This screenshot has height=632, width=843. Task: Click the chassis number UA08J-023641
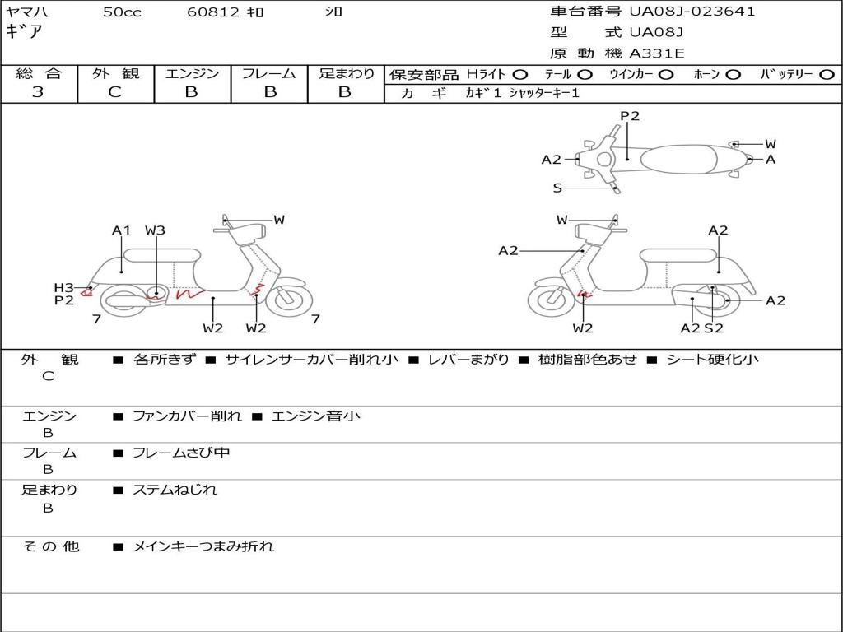coord(692,12)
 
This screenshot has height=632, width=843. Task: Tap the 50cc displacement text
coord(122,12)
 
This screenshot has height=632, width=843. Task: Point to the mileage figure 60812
coord(212,12)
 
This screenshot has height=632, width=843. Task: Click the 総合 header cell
coord(39,74)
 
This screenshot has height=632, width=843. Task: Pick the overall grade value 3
coord(38,92)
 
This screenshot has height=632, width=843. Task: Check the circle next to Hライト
coord(520,75)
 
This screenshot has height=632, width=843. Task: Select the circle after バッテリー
coord(827,75)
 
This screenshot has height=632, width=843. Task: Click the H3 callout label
coord(63,287)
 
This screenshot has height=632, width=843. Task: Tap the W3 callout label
coord(155,230)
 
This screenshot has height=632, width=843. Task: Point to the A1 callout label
coord(121,230)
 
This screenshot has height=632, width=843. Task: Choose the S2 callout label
coord(713,328)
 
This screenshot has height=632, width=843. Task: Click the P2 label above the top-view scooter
coord(630,116)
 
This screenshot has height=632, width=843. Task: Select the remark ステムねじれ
coord(175,490)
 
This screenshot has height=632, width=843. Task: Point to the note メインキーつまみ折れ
coord(203,546)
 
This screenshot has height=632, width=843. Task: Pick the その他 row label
coord(50,546)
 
